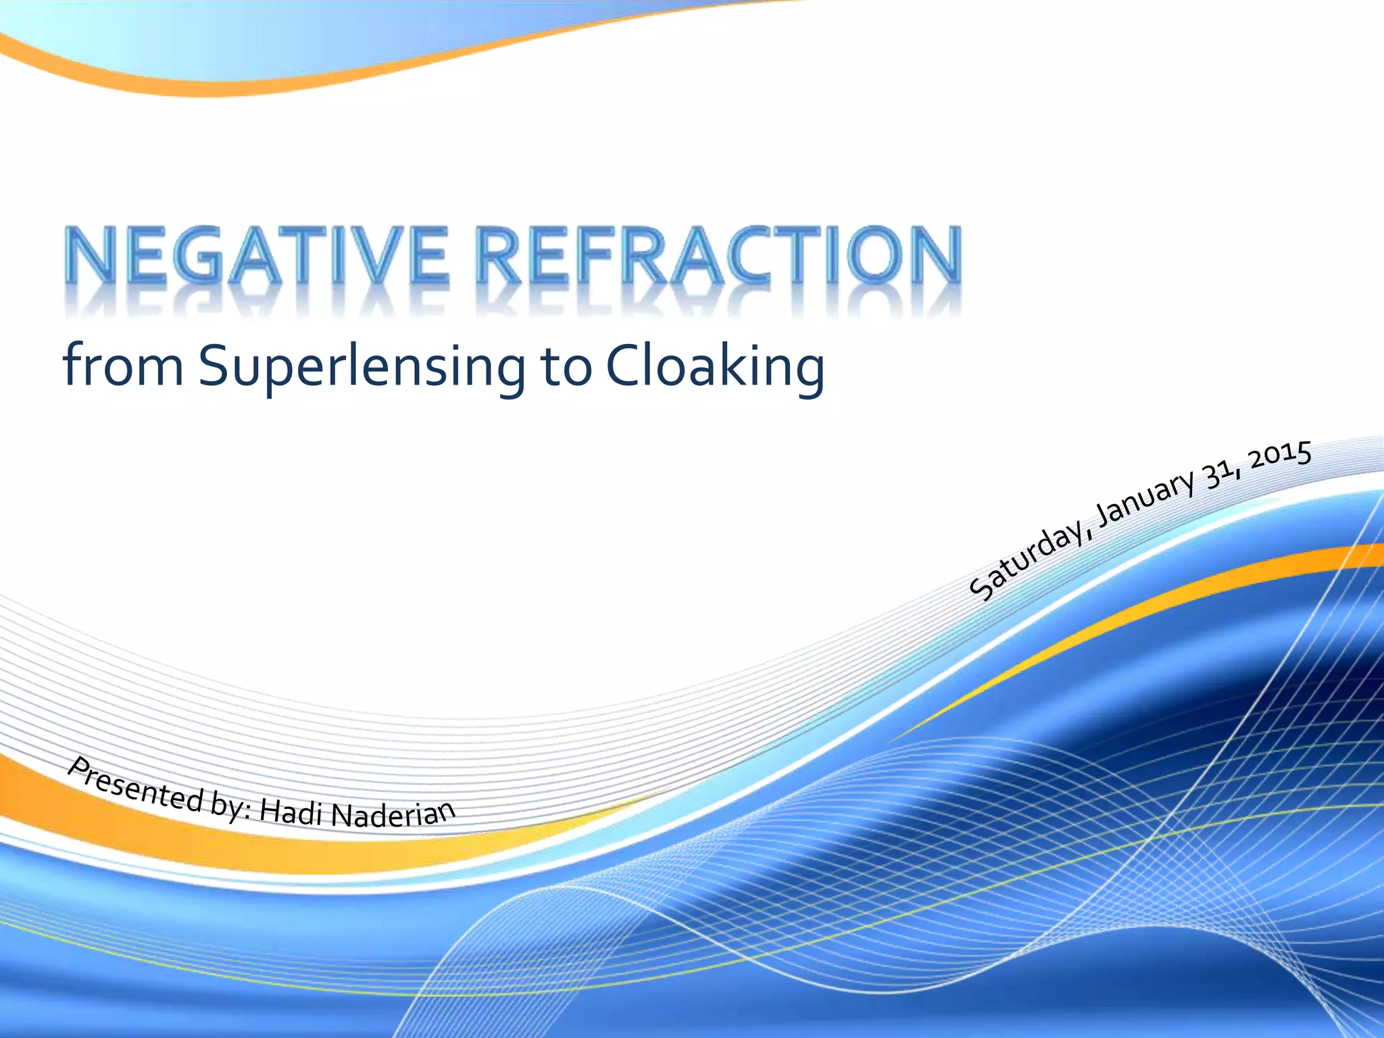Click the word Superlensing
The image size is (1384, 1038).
click(x=362, y=368)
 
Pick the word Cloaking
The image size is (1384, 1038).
click(x=714, y=368)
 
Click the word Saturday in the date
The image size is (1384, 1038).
click(x=1028, y=562)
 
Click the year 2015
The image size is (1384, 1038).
click(x=1280, y=455)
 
